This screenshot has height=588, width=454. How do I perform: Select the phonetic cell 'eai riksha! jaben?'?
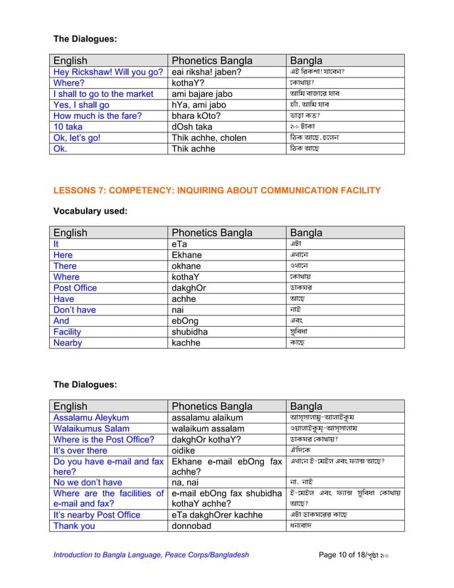206,72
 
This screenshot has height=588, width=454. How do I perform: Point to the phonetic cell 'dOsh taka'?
193,127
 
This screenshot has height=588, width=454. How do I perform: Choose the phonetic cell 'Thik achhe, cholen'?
209,138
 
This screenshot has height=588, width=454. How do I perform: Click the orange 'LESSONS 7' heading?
217,190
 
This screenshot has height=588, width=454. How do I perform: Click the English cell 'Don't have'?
75,310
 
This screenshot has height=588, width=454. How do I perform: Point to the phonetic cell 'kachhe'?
186,342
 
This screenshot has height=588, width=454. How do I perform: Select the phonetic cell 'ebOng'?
186,320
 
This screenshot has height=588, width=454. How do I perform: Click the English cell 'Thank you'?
74,526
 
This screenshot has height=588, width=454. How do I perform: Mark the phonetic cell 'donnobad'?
194,526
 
